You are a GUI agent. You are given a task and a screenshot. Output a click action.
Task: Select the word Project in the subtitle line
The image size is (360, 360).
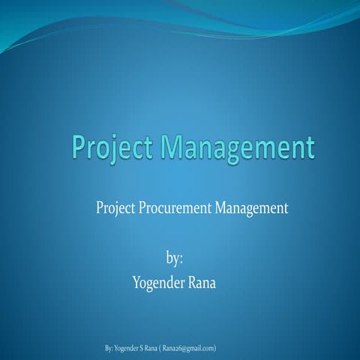(x=115, y=209)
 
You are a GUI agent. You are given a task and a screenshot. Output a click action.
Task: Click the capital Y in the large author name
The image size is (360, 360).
(x=136, y=282)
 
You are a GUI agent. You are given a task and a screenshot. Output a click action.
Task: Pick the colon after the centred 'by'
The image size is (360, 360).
(x=181, y=259)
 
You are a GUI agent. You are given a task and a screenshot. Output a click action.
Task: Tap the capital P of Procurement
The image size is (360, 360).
(x=142, y=209)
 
